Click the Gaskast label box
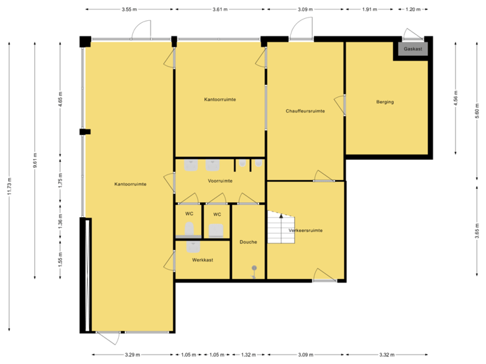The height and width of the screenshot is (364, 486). tap(413, 50)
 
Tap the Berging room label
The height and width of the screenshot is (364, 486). tap(385, 102)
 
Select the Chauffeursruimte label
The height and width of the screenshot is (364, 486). tap(305, 111)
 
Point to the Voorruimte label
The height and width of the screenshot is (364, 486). tap(220, 181)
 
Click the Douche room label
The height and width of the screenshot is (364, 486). tap(248, 241)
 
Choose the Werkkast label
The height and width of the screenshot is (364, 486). tap(202, 260)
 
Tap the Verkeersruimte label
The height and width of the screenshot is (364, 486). tap(305, 231)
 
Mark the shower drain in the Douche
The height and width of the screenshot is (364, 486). tap(254, 269)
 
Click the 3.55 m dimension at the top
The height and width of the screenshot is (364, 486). tap(129, 10)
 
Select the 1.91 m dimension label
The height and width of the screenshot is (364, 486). tap(369, 10)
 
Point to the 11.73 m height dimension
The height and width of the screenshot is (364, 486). tap(9, 187)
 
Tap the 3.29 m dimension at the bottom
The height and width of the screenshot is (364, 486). tap(132, 355)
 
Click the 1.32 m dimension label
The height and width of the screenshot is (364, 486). tap(249, 355)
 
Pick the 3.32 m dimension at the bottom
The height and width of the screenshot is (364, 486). tap(386, 355)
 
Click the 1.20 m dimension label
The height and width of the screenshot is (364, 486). tap(412, 10)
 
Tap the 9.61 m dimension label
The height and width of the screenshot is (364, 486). tap(35, 160)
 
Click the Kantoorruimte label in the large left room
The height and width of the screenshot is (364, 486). tap(130, 183)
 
